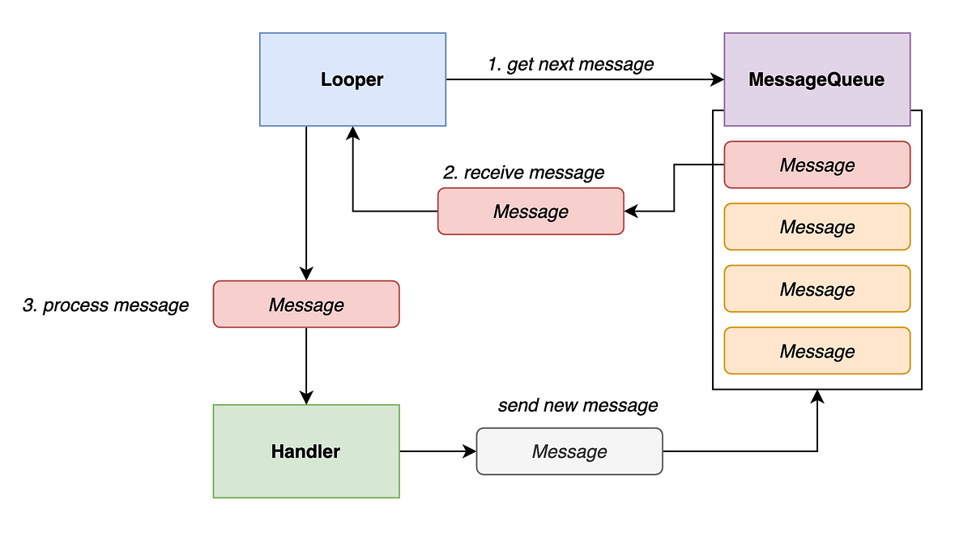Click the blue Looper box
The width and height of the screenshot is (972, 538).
[352, 79]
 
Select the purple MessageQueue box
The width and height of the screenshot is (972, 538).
[816, 79]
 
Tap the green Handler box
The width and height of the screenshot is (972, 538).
[306, 451]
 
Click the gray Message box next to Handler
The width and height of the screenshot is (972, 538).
[569, 451]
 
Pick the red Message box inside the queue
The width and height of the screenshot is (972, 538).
[816, 165]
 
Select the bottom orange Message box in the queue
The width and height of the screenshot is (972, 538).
[816, 351]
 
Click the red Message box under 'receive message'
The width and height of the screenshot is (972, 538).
[531, 211]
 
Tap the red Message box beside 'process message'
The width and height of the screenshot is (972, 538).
[306, 305]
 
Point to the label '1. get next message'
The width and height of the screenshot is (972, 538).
[570, 64]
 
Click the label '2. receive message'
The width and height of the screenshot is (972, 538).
[523, 173]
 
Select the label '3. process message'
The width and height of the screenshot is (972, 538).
[105, 305]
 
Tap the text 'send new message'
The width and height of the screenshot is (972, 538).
[578, 405]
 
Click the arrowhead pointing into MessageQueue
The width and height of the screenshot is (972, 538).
[717, 79]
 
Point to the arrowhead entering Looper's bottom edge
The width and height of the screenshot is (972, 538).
[352, 133]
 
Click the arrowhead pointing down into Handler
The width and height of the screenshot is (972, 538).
[306, 397]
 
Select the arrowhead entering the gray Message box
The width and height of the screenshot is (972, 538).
[470, 451]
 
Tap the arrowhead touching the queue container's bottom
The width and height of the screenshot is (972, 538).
[817, 396]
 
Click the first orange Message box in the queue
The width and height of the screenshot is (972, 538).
[816, 227]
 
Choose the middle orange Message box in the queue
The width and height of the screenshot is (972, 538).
[816, 289]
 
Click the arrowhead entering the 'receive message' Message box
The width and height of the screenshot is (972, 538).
[631, 211]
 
